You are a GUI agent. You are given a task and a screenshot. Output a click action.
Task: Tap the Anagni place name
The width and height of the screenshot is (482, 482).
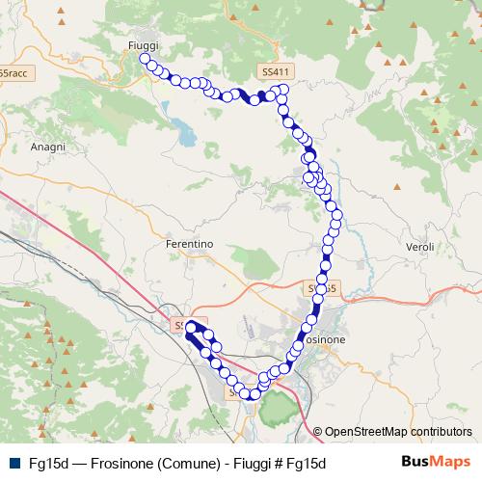click(47, 147)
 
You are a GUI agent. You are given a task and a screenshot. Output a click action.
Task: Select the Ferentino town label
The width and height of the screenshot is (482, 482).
click(189, 244)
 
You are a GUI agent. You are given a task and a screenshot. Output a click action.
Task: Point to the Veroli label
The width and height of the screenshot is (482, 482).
click(419, 247)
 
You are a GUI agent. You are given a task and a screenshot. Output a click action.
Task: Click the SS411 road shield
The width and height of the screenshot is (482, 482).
click(275, 72)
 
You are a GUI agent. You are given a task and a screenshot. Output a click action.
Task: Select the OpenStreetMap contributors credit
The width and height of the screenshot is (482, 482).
click(392, 432)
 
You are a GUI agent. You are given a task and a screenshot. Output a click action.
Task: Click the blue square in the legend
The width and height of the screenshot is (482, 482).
click(13, 464)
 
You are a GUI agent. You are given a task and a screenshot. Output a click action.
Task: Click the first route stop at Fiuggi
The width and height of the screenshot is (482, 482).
click(146, 59)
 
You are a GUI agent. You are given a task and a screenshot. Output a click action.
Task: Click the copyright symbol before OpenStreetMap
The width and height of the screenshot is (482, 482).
click(318, 432)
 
